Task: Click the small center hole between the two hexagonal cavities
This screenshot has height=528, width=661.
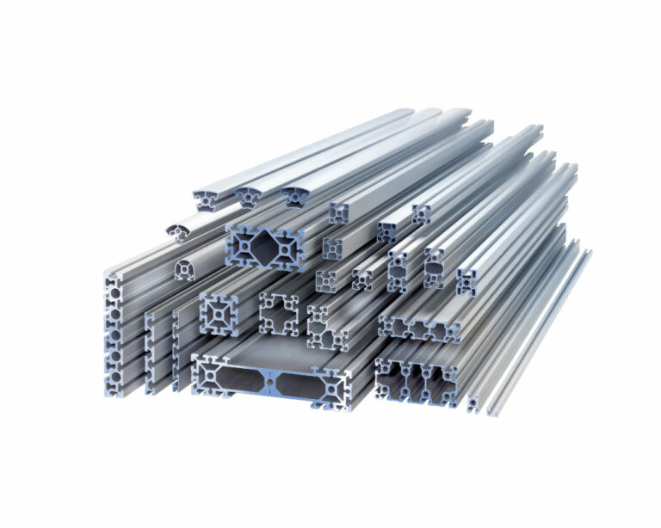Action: pyautogui.click(x=269, y=379)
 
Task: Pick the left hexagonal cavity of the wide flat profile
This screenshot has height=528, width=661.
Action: pyautogui.click(x=231, y=378)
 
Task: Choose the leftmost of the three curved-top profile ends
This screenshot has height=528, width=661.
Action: pyautogui.click(x=207, y=200)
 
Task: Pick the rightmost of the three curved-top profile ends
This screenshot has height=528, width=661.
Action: pyautogui.click(x=295, y=197)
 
